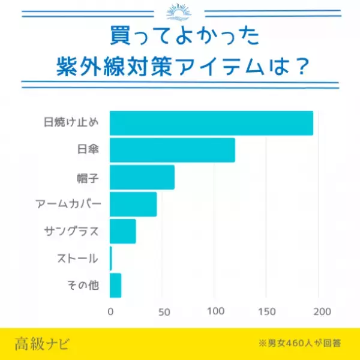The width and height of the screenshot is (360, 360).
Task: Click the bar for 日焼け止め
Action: (211, 123)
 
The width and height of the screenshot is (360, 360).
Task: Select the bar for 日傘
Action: (172, 150)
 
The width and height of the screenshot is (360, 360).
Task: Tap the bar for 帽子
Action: (142, 177)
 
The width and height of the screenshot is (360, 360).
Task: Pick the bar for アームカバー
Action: (133, 204)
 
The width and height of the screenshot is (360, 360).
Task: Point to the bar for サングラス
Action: (123, 231)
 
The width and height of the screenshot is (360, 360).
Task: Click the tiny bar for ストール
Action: (111, 259)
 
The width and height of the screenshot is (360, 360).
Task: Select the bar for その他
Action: (116, 286)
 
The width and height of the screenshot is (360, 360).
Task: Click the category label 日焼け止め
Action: (71, 123)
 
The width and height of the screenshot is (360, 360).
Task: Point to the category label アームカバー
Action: (68, 204)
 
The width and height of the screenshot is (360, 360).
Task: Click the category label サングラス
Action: (71, 231)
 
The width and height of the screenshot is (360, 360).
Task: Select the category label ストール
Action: (77, 259)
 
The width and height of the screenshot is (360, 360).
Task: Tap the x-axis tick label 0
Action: (110, 312)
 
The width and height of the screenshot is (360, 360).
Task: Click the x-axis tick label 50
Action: (163, 312)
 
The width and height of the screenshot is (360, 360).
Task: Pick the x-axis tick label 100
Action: (215, 312)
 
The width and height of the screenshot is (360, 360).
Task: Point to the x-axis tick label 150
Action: (268, 312)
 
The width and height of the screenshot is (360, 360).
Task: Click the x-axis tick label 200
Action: (322, 312)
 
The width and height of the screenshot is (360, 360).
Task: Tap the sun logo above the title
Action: (179, 12)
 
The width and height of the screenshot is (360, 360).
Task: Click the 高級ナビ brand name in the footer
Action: (42, 344)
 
